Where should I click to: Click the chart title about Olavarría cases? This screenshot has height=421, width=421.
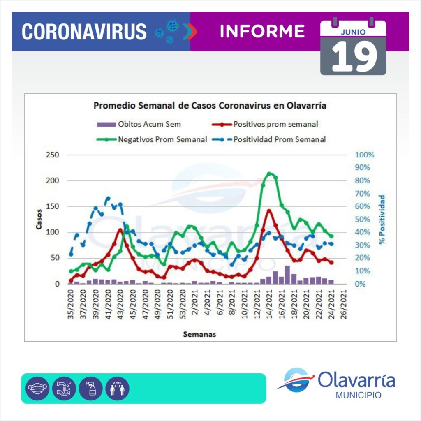210,106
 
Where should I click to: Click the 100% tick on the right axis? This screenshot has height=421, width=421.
365,155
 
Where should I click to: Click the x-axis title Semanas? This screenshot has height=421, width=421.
199,335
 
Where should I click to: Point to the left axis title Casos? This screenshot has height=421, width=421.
39,220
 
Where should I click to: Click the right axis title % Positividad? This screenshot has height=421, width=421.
382,220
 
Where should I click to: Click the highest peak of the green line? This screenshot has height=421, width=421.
269,173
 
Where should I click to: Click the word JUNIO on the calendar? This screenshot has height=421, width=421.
353,31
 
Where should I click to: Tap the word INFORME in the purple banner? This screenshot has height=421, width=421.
262,31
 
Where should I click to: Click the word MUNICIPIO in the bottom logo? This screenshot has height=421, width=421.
358,395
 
